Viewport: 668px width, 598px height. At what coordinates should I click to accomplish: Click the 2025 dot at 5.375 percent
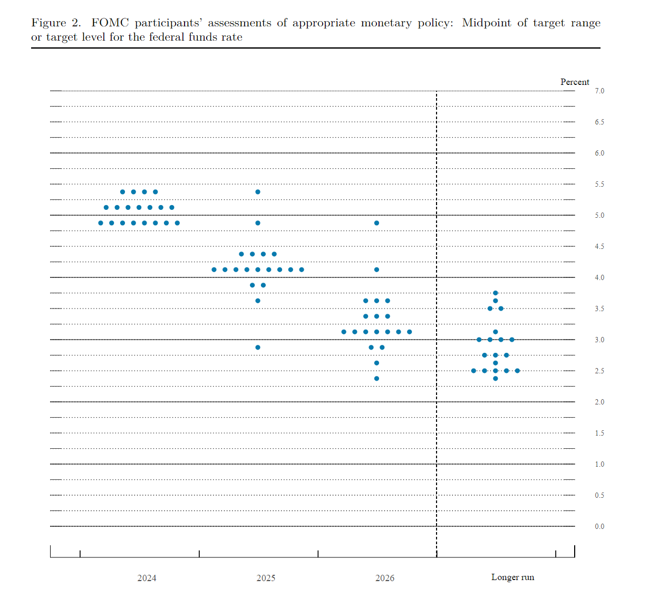coord(258,192)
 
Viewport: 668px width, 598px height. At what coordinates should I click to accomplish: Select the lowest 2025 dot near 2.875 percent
coord(258,348)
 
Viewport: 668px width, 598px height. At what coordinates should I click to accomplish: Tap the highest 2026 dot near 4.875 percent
coord(376,223)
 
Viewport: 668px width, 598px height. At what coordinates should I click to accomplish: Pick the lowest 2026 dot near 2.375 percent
coord(376,379)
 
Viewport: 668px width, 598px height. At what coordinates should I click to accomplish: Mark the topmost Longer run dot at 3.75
coord(496,293)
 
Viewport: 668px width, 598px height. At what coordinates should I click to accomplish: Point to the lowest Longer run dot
coord(496,379)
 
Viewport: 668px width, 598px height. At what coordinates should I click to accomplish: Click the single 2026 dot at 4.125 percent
coord(376,269)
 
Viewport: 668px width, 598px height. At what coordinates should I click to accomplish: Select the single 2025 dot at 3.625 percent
coord(258,301)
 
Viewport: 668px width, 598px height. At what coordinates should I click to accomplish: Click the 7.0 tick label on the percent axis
coord(599,91)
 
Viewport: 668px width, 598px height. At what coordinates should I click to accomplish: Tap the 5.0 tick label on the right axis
coord(599,216)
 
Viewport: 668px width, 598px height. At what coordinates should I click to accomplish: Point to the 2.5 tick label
coord(599,371)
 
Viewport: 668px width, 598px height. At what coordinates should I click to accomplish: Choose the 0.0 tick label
coord(599,527)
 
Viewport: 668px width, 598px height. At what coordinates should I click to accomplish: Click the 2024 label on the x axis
coord(147,578)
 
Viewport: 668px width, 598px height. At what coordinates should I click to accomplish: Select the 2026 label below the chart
coord(385,578)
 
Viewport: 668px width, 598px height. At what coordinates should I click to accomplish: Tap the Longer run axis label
coord(512,577)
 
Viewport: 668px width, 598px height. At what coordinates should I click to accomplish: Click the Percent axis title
coord(575,82)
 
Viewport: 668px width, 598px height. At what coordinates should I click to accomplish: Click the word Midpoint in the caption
coord(486,23)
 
